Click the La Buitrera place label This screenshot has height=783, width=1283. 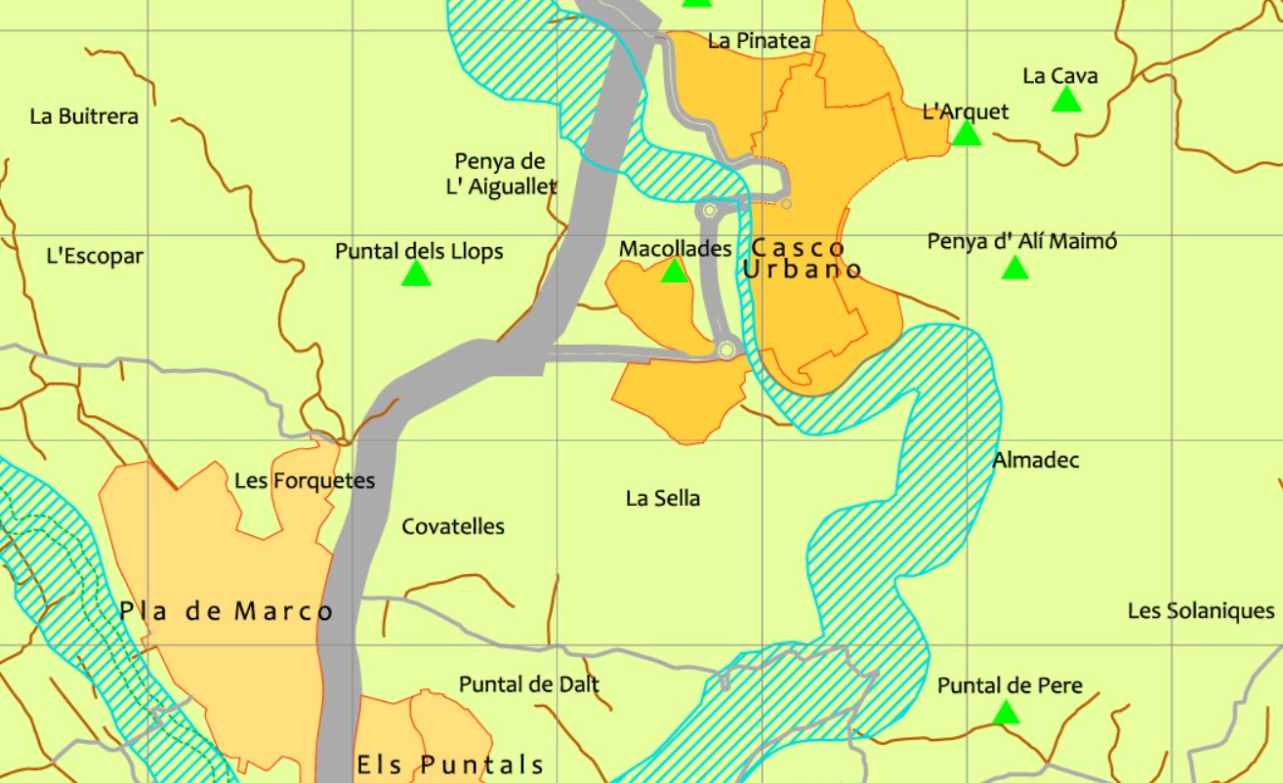[84, 116]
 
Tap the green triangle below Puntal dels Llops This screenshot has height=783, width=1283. [416, 274]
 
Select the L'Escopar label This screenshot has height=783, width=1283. [95, 257]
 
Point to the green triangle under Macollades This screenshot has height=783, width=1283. [675, 271]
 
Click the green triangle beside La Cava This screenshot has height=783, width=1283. [1066, 100]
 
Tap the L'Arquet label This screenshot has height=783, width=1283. [966, 112]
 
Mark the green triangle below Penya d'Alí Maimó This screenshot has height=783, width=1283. [1015, 268]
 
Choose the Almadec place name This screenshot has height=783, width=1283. [1036, 460]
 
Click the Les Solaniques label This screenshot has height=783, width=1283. [1201, 611]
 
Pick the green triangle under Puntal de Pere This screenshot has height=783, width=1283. [1006, 714]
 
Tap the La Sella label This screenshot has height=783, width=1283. [663, 499]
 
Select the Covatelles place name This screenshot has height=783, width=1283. [453, 527]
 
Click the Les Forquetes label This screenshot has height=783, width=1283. [305, 480]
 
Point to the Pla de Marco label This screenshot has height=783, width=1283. [227, 612]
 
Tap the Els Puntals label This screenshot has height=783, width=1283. [450, 763]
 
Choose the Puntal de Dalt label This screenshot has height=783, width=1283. [529, 684]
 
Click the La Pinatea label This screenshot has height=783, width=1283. [760, 41]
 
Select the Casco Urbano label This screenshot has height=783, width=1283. [801, 259]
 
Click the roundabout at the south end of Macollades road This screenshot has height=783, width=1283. [725, 350]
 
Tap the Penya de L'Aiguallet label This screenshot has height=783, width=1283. [501, 174]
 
